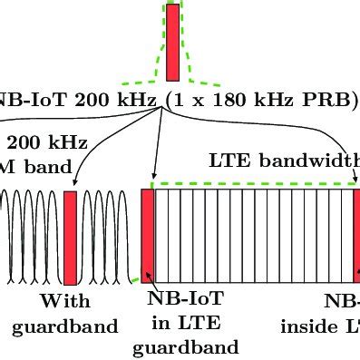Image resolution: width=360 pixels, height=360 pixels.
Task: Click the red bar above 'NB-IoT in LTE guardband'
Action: click(148, 235)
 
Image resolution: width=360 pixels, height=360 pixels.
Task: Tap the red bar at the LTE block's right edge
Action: click(356, 235)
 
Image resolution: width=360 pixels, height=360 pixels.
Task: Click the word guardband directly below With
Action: click(64, 326)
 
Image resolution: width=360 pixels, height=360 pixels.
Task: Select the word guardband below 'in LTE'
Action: click(187, 345)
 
